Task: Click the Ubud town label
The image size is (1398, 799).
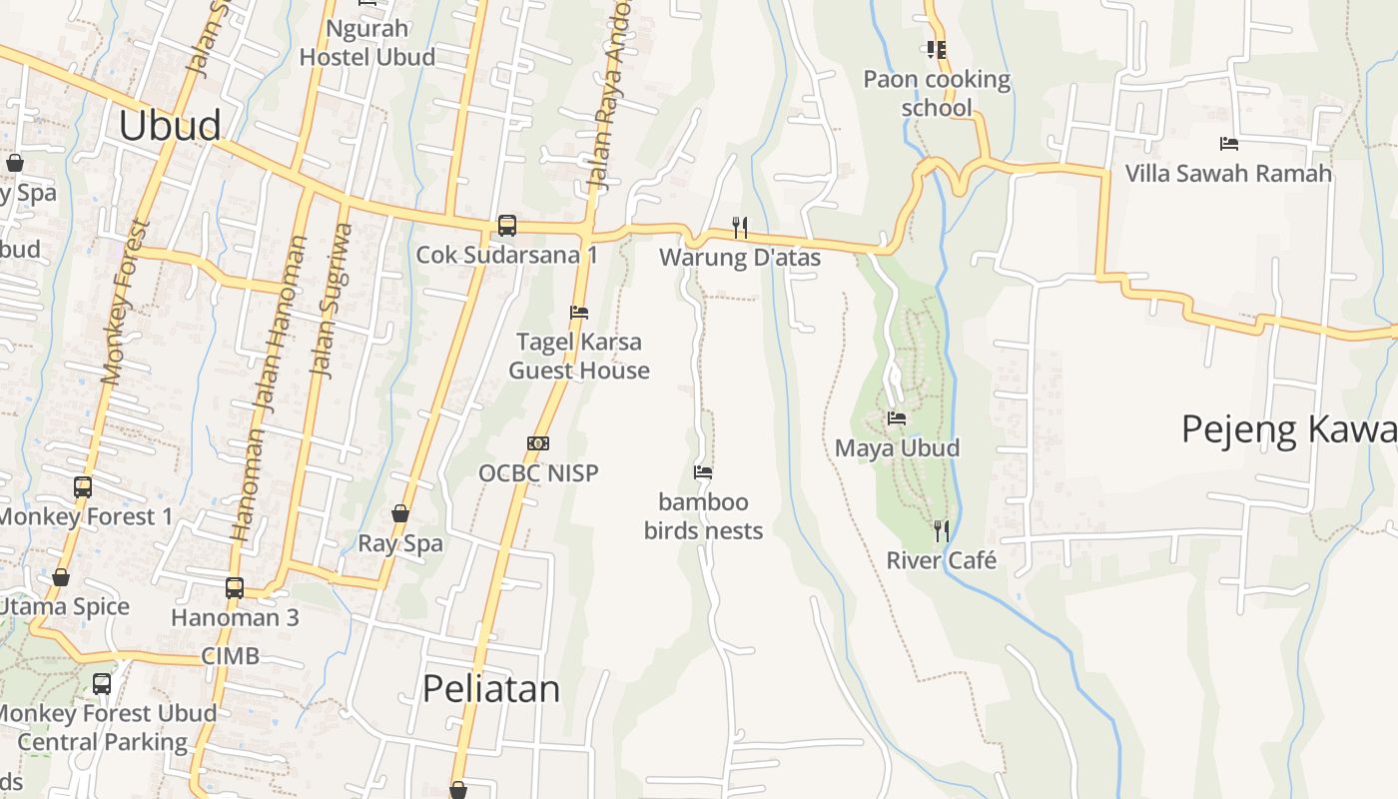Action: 170,126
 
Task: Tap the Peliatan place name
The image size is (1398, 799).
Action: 491,689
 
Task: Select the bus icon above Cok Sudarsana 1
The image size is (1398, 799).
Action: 507,226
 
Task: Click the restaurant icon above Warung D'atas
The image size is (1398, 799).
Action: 740,228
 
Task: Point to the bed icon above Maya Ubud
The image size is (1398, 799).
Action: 897,418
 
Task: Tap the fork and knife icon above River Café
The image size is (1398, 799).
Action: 941,530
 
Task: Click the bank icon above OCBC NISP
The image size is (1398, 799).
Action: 538,443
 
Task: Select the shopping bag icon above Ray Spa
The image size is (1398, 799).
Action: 400,513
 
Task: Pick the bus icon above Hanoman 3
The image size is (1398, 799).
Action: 235,587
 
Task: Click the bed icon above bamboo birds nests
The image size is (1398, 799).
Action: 703,472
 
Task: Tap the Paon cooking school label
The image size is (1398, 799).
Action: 937,93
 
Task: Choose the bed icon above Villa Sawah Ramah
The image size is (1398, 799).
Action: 1228,144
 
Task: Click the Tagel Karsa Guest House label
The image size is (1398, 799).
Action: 579,357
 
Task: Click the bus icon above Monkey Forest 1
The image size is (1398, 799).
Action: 83,487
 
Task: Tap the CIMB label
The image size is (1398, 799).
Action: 230,656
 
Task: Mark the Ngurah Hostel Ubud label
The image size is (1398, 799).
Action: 367,42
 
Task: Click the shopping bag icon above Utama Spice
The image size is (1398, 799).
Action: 61,577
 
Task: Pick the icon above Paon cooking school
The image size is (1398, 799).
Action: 936,49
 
